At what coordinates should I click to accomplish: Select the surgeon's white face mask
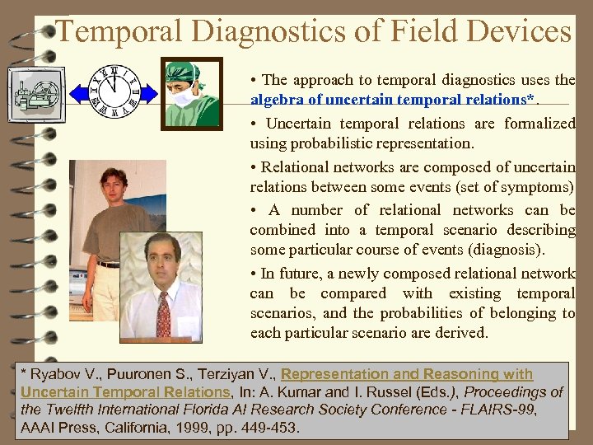click(183, 98)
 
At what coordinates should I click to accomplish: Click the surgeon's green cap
click(184, 72)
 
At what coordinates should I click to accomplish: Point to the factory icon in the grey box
click(35, 96)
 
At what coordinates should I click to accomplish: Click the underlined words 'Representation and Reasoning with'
click(406, 374)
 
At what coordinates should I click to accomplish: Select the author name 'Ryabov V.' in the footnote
click(60, 374)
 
